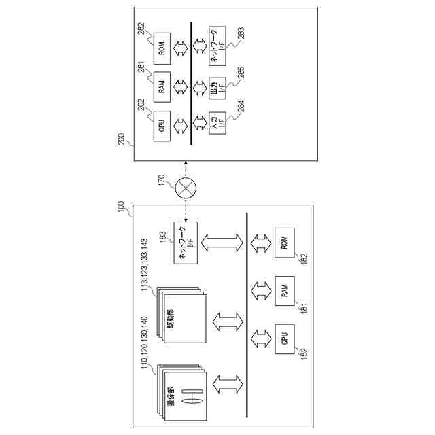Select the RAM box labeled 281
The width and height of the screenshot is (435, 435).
pos(161,86)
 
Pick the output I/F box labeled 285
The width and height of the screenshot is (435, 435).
pos(218,87)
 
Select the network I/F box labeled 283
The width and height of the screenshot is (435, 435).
pos(218,48)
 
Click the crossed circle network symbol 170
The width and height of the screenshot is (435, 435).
pos(186,188)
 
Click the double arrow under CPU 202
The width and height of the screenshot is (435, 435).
pos(181,125)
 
